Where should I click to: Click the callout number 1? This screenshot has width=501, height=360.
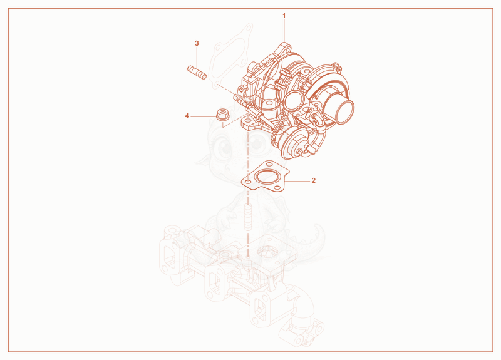coord(284,16)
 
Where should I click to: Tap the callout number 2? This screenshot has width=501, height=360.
coord(314,180)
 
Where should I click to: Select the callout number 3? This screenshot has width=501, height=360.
coord(197,43)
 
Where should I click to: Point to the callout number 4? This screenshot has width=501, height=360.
coord(187,116)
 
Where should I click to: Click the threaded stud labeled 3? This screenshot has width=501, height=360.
coord(197,73)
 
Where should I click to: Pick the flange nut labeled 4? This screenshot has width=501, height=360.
coord(222,115)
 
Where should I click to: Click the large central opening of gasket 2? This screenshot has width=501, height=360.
coord(266,177)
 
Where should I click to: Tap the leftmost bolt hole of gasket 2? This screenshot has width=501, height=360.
coord(247,182)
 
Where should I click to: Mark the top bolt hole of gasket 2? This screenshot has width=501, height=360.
coord(268,165)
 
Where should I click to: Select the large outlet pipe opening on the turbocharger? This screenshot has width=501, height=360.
coord(344,111)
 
